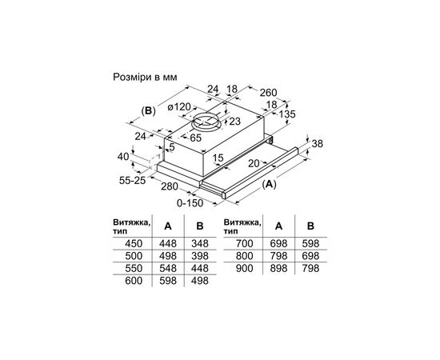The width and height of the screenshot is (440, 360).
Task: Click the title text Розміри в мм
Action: click(x=145, y=77)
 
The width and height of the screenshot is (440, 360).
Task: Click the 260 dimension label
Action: click(x=268, y=93)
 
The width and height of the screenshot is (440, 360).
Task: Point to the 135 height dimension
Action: click(x=287, y=114)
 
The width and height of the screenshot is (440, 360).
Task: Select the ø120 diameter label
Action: click(x=178, y=107)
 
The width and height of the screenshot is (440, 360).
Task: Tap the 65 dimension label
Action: click(x=195, y=138)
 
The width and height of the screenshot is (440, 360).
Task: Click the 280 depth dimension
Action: click(x=170, y=186)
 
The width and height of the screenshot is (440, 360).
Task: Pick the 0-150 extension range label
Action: click(x=190, y=203)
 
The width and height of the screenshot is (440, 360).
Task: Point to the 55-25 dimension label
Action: click(x=133, y=181)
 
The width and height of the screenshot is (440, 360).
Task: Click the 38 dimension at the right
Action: click(x=317, y=144)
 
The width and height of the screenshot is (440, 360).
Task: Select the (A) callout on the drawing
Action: click(x=269, y=184)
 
